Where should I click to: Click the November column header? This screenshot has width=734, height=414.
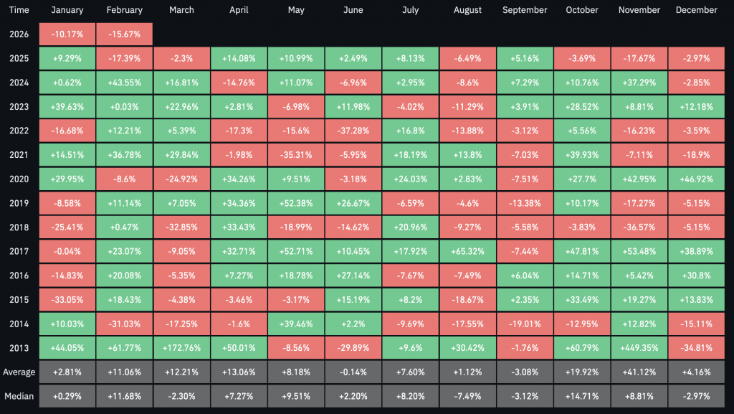coord(639,10)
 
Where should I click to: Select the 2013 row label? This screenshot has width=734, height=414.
coord(19,348)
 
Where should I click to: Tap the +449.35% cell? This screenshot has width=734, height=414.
coord(639,348)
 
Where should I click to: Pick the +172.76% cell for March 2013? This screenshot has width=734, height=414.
coord(181,348)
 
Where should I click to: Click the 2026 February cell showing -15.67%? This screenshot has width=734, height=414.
coord(125,34)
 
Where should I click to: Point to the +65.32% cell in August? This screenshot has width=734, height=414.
coord(467,252)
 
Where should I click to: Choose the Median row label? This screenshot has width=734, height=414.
coord(19,396)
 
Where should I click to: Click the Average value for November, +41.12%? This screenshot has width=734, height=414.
coord(639,372)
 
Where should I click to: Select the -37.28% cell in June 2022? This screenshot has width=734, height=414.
coord(353,131)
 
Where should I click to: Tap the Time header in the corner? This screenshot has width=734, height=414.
coord(19,10)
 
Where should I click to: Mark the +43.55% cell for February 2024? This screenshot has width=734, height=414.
coord(125,83)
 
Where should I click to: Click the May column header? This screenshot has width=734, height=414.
coord(296,10)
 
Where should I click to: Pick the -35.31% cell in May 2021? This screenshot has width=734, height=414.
coord(296,155)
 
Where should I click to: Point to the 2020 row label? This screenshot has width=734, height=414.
coord(19,179)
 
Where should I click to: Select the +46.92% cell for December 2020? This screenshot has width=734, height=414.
coord(697,179)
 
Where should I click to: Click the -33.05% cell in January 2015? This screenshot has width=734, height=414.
coord(67,300)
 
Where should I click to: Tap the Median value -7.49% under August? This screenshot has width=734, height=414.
coord(467,396)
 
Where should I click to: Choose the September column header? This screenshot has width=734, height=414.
coord(525,10)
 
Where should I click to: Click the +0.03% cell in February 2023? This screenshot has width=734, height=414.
coord(125,107)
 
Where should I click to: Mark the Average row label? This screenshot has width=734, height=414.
coord(19,372)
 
